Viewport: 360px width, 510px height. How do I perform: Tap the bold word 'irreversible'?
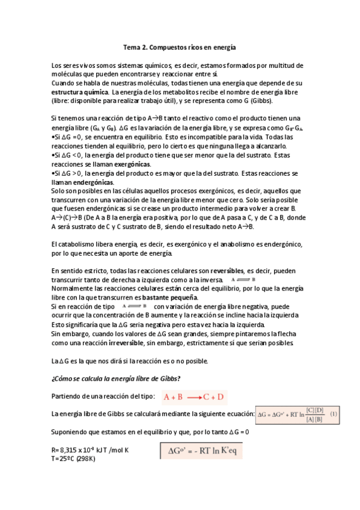click(x=126, y=342)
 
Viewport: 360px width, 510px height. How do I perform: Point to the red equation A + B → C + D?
click(x=195, y=396)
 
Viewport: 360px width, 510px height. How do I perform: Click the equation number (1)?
click(x=334, y=414)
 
